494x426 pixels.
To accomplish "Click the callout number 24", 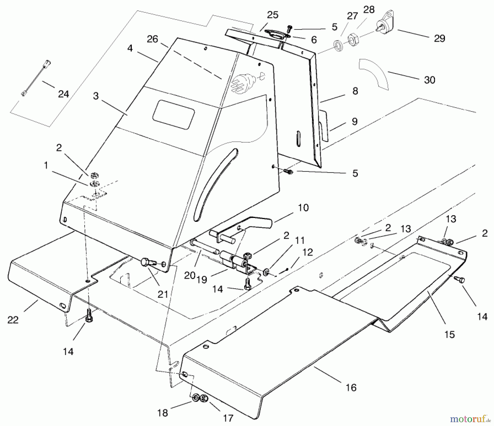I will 63,94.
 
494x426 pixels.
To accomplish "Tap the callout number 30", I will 430,80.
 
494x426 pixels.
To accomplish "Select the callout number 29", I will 439,38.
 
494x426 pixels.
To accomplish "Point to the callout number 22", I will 13,320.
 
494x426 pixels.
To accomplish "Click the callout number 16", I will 351,388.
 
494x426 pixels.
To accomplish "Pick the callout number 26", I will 152,39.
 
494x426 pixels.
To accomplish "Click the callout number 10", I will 303,208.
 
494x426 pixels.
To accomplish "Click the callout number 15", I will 450,335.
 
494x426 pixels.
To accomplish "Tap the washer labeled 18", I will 195,397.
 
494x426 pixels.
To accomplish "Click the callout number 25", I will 273,15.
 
